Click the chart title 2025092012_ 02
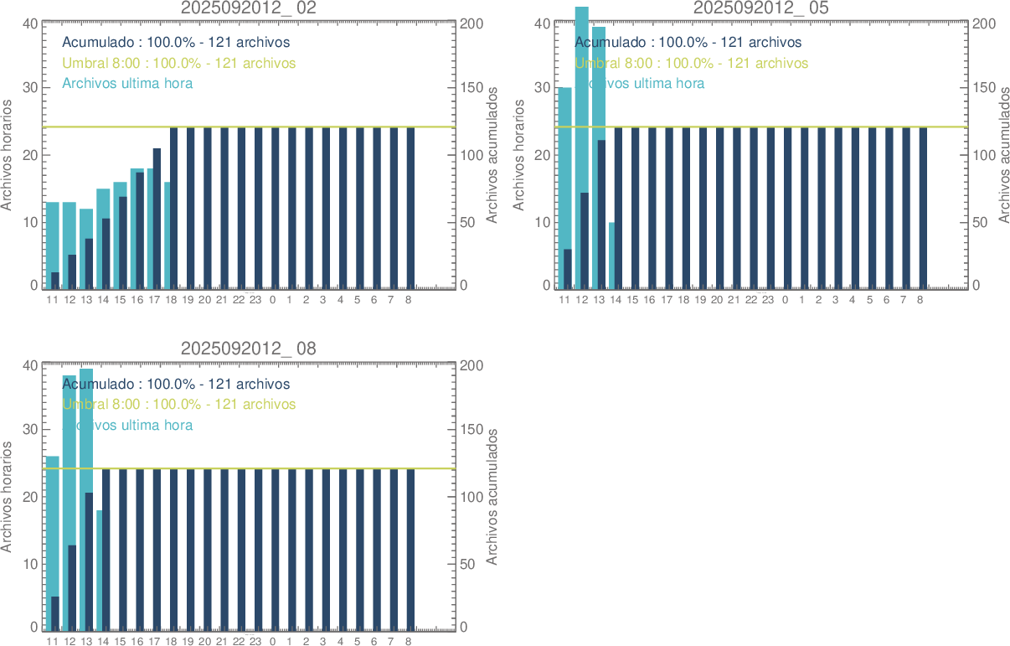click(249, 8)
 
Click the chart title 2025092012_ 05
click(761, 8)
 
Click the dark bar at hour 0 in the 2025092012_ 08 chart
click(275, 549)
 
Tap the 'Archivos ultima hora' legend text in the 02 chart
click(127, 84)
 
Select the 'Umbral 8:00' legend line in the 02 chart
click(178, 63)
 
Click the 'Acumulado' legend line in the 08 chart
click(176, 385)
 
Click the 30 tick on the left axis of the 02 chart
click(29, 88)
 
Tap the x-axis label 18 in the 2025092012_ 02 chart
click(171, 300)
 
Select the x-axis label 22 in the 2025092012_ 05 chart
click(751, 300)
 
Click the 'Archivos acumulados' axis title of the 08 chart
click(492, 497)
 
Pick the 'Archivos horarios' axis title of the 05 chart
click(518, 155)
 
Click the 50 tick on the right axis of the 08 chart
click(473, 564)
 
